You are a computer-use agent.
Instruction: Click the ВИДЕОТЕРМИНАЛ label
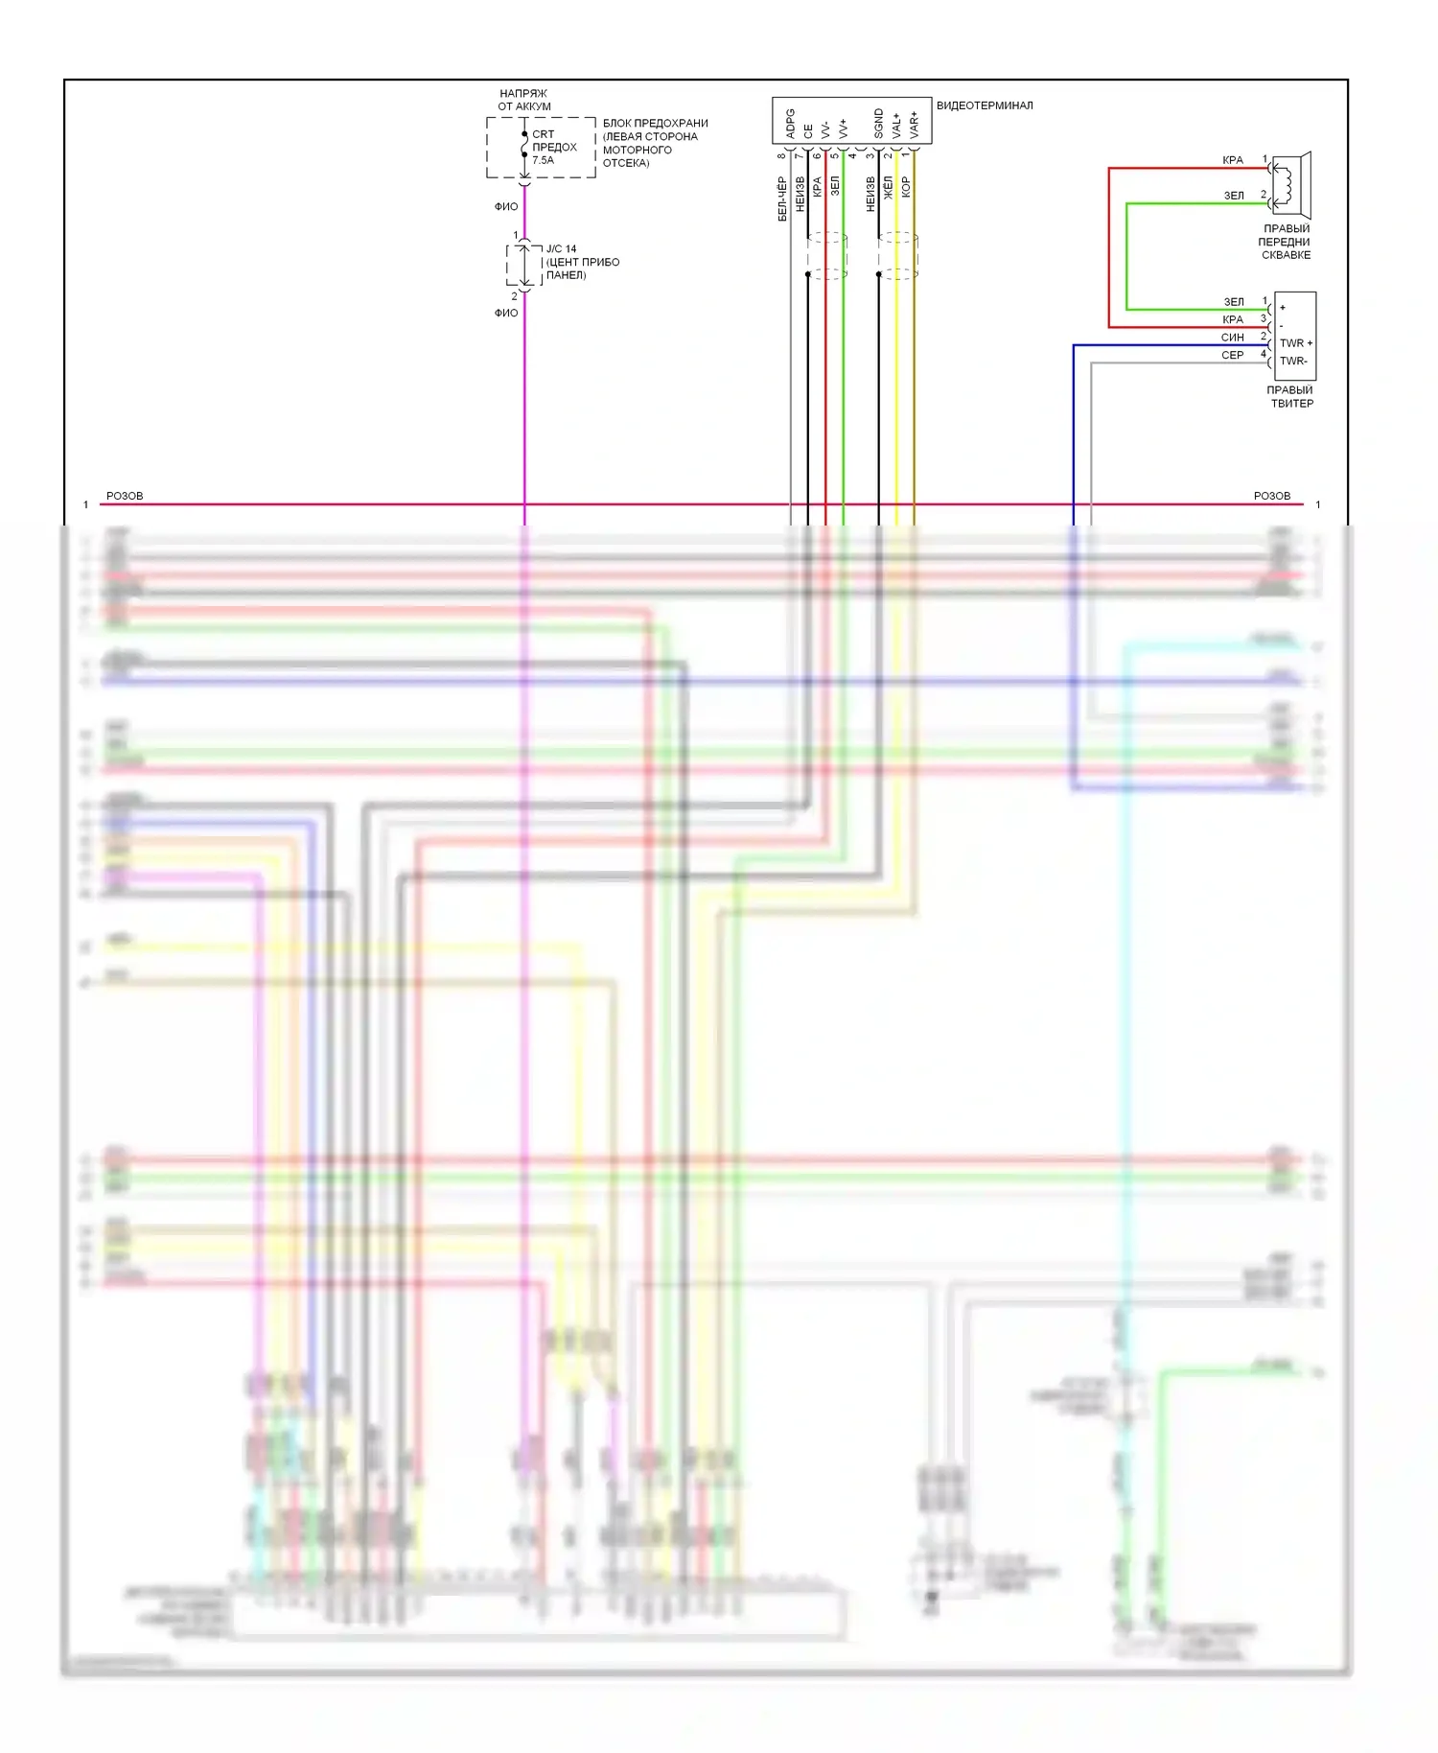click(984, 105)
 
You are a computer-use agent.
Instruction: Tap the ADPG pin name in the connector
click(790, 122)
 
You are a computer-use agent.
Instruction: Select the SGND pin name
click(878, 123)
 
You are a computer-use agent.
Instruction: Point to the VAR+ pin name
click(914, 124)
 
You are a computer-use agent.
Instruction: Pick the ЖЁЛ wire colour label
click(889, 188)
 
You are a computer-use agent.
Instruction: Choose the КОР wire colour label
click(906, 187)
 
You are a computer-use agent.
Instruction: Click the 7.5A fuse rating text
click(543, 160)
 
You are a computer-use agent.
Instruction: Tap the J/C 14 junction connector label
click(562, 248)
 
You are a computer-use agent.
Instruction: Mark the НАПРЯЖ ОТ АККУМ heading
click(523, 100)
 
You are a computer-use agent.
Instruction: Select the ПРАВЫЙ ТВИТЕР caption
click(1290, 397)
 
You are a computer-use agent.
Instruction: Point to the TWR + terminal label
click(1296, 343)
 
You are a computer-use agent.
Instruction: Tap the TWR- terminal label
click(1293, 362)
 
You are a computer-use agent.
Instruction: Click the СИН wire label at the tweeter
click(1232, 338)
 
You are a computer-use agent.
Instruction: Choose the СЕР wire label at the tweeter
click(1232, 356)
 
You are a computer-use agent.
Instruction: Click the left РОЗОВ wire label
click(125, 496)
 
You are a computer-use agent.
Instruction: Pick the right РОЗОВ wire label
click(1271, 496)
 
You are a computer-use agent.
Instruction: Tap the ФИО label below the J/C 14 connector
click(506, 313)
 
